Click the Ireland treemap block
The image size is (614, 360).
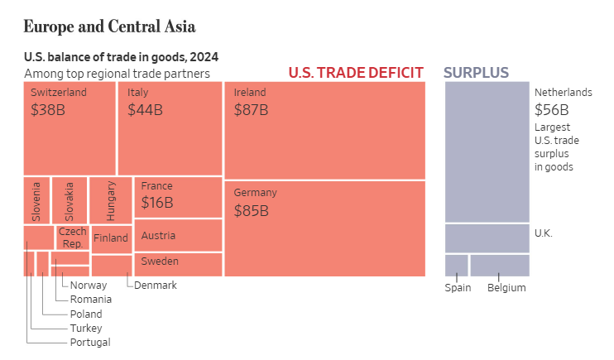pos(324,129)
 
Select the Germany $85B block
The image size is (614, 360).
pos(324,228)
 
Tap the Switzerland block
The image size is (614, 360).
pos(69,127)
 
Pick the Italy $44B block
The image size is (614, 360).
pos(170,127)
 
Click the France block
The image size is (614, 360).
pos(178,197)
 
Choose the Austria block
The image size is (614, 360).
pos(178,235)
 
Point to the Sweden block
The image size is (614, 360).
pos(178,264)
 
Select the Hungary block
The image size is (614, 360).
pos(111,199)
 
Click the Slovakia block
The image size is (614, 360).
pos(70,199)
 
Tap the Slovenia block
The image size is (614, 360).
pos(36,199)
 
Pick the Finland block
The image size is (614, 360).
pos(111,238)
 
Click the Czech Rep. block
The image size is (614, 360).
pos(72,238)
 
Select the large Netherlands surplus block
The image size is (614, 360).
pos(487,151)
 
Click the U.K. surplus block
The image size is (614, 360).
pos(487,238)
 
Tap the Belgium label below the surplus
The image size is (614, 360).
pos(506,288)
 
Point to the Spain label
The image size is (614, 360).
pos(458,288)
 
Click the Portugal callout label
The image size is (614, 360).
pos(90,343)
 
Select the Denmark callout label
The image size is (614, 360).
pos(156,286)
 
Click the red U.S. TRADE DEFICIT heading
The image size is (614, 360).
pos(356,73)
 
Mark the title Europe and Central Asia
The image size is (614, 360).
pos(109,26)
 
